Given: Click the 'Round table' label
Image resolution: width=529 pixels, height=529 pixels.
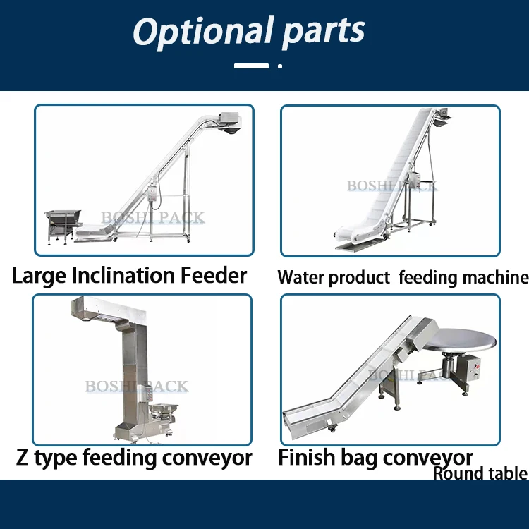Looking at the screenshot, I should click(x=480, y=473).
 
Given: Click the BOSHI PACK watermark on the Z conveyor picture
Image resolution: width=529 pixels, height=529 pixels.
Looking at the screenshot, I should click(x=137, y=387).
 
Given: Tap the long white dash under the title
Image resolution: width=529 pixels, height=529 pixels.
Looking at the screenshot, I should click(x=251, y=66).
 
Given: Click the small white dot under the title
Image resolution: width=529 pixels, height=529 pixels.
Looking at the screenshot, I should click(x=280, y=66).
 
